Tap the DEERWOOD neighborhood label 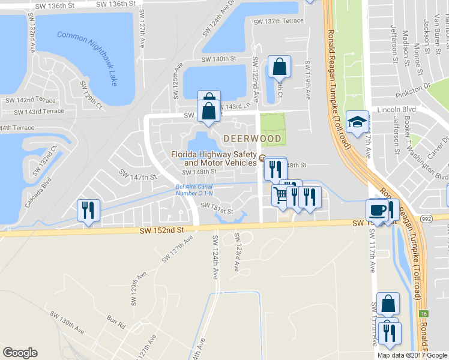click(252, 139)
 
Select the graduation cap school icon click(357, 121)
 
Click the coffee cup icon click(376, 209)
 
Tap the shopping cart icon click(280, 194)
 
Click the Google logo click(20, 353)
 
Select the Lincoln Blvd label click(392, 110)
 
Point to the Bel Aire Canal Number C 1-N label click(193, 190)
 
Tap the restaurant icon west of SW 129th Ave click(88, 210)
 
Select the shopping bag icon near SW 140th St click(280, 67)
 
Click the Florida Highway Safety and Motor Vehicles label click(214, 158)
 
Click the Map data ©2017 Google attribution click(412, 355)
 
